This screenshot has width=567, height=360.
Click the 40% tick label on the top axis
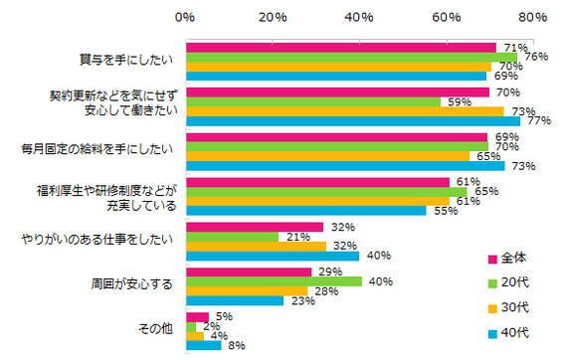tap(358, 17)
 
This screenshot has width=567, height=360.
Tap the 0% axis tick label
tap(185, 17)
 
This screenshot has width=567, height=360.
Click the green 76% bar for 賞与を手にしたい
tap(351, 57)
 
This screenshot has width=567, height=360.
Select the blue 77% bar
tap(353, 121)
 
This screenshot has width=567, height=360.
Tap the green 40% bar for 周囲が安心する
tap(273, 280)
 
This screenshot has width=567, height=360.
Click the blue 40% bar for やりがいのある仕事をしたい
tap(273, 256)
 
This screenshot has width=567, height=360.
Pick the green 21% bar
tap(231, 236)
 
